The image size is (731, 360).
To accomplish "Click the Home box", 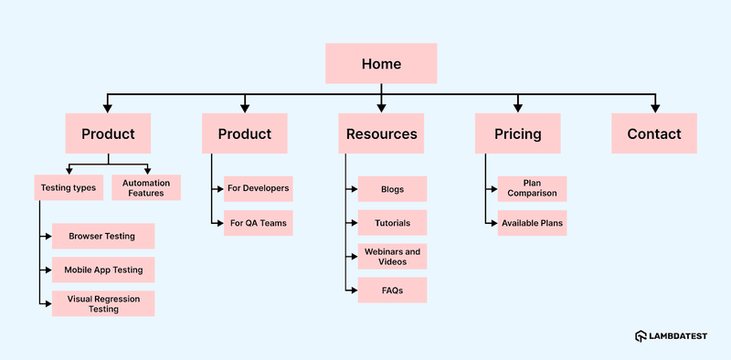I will (381, 64).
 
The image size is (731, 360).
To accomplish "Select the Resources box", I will (381, 133).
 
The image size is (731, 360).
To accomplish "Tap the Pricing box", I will (518, 133).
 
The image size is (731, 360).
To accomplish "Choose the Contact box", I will (654, 133).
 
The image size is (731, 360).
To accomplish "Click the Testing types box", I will (68, 187).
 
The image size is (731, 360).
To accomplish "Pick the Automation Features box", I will (145, 187).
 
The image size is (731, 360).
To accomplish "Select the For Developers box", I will (258, 188).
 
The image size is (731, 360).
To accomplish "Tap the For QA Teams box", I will (258, 223).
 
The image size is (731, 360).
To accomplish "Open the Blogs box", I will (392, 189).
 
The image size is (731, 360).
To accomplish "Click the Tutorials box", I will (392, 223).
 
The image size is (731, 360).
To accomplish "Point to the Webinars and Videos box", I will (392, 257).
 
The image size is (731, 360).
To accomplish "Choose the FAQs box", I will (392, 291).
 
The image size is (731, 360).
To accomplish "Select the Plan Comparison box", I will (532, 188).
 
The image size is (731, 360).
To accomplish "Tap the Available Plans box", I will (532, 223).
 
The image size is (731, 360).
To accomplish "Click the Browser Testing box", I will (102, 236).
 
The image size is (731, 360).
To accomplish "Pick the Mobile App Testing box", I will (102, 270).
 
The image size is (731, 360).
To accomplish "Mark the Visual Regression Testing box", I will (102, 303).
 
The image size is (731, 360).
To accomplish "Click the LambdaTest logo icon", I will (641, 337).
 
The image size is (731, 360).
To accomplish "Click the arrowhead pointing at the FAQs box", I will (353, 291).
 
